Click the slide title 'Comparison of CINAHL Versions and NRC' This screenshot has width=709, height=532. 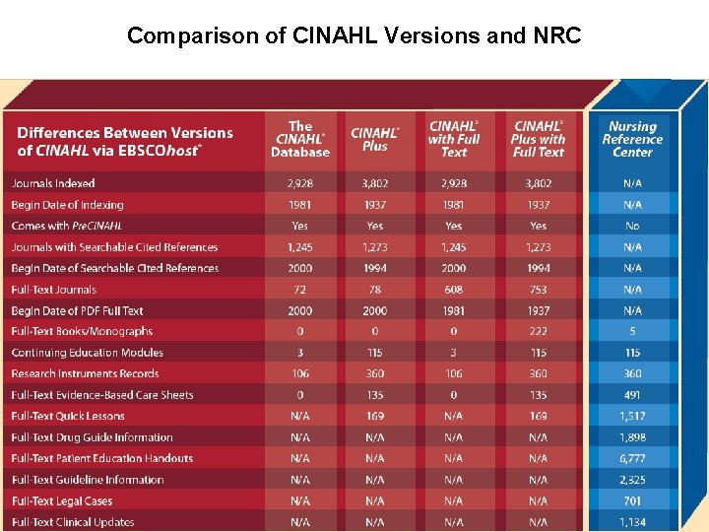[354, 36]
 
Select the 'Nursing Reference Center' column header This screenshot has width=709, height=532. [632, 140]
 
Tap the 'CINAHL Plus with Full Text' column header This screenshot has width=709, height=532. [538, 140]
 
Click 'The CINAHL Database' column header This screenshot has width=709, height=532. [300, 140]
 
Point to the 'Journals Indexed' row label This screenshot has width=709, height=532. [53, 183]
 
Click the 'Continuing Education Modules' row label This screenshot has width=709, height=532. [87, 353]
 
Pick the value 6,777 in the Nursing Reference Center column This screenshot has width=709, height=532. [632, 459]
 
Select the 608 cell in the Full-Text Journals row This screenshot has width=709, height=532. [454, 290]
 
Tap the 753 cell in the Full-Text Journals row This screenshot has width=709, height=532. [538, 290]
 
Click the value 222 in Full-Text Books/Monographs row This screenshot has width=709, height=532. [538, 332]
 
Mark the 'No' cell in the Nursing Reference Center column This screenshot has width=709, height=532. [632, 226]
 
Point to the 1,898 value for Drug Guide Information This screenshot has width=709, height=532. [632, 437]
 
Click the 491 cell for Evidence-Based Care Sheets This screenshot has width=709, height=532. [632, 395]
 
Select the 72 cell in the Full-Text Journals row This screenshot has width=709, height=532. [300, 290]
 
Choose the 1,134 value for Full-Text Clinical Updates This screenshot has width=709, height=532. [632, 522]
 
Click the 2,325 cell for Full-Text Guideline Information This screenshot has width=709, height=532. [632, 480]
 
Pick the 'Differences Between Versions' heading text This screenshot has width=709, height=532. [125, 133]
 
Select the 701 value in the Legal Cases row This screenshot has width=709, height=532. [632, 501]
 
